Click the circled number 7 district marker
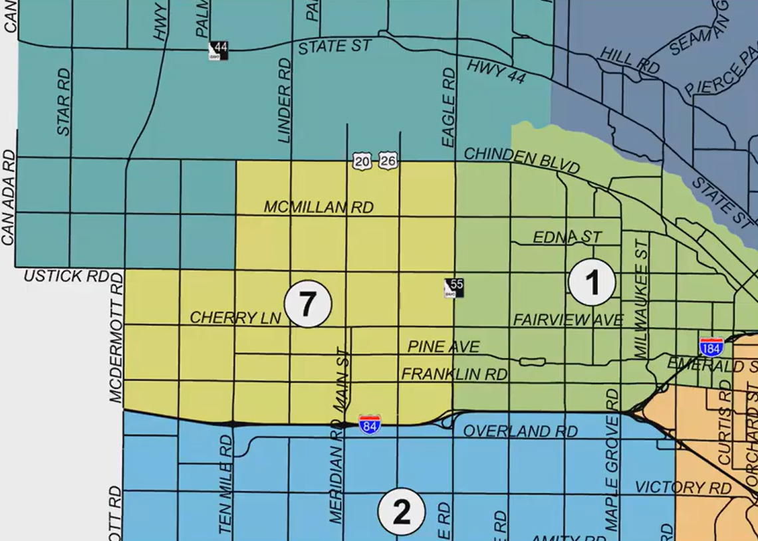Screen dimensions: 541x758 [x=307, y=304]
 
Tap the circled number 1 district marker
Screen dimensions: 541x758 [x=592, y=283]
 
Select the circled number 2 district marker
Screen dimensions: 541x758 [x=401, y=513]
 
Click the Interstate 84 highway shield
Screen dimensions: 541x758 [x=370, y=423]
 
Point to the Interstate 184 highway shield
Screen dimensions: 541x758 [x=711, y=346]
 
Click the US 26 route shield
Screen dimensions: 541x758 [x=388, y=161]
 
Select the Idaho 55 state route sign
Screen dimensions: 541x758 [x=454, y=288]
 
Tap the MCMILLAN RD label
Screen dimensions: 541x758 [x=318, y=207]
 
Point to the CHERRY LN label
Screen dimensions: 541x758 [x=235, y=318]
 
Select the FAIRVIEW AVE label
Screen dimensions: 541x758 [x=568, y=320]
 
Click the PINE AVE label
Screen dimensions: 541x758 [x=443, y=347]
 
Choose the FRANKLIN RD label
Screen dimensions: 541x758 [x=454, y=374]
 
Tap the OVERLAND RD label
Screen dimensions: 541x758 [x=520, y=431]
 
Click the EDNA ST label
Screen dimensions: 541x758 [x=567, y=237]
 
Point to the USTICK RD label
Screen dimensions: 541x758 [x=66, y=276]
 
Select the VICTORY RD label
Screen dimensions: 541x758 [x=683, y=487]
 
